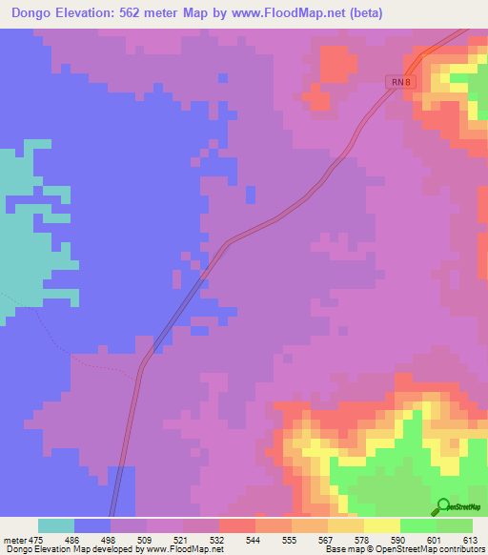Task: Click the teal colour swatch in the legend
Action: (x=56, y=525)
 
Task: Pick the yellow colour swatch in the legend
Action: (x=381, y=525)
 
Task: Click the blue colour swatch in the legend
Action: (x=92, y=525)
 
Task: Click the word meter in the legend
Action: (x=16, y=539)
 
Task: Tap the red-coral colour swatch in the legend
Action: (x=237, y=525)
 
